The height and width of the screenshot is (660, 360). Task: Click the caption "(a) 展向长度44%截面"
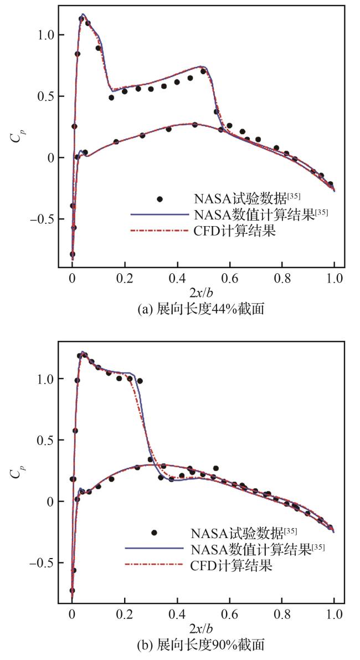click(201, 309)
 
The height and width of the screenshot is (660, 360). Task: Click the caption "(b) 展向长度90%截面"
click(201, 644)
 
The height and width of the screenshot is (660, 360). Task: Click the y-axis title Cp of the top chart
click(15, 135)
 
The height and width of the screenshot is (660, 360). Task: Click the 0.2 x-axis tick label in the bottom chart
click(124, 615)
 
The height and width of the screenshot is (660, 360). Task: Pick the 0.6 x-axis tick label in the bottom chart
click(229, 615)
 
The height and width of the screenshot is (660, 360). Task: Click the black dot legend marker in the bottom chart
click(154, 533)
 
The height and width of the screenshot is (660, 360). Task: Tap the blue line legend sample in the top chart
click(157, 214)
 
